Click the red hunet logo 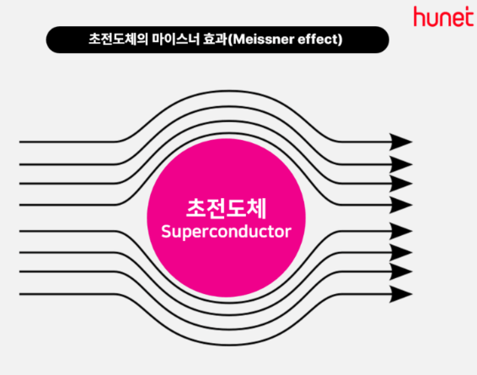(x=443, y=16)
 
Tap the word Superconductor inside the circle (x=226, y=232)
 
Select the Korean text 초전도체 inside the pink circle (x=227, y=209)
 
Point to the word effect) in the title (x=320, y=40)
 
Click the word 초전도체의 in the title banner (x=118, y=40)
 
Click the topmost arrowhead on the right (x=401, y=142)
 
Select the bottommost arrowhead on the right (x=401, y=294)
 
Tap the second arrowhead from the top (x=401, y=164)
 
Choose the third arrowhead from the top (x=401, y=184)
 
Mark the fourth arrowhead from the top (x=401, y=205)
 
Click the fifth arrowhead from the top (x=401, y=231)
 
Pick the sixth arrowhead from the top (x=401, y=253)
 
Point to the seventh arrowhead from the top (x=401, y=271)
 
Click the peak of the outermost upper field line (x=228, y=91)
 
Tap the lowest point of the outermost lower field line (x=228, y=345)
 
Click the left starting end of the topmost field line (x=19, y=142)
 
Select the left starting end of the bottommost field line (x=19, y=294)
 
